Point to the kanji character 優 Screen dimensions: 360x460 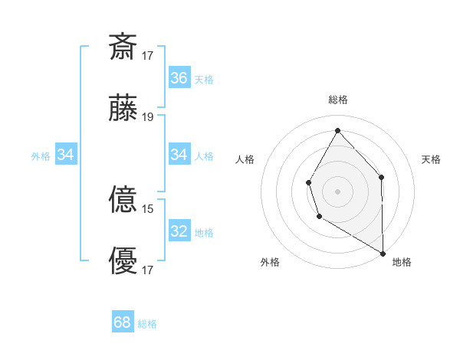[x=123, y=261]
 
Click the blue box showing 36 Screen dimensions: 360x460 [x=179, y=78]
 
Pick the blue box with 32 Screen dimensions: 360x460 [x=179, y=231]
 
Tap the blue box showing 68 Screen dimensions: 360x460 [x=123, y=322]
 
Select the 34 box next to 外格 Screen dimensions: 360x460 [x=66, y=155]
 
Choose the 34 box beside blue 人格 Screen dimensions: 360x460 [x=179, y=155]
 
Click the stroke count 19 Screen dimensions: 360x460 [x=148, y=116]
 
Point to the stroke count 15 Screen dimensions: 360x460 [x=148, y=208]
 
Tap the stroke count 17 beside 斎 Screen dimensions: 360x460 [x=148, y=55]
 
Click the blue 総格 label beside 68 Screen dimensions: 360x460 [x=147, y=324]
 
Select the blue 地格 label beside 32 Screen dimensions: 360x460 [x=204, y=233]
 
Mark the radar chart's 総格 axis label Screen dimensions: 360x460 [x=337, y=100]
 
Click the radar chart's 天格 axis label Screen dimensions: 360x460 [x=431, y=159]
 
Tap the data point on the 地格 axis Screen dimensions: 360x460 [x=383, y=253]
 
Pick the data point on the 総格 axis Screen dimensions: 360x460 [x=337, y=129]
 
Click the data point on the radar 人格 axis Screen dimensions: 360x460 [x=308, y=182]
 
